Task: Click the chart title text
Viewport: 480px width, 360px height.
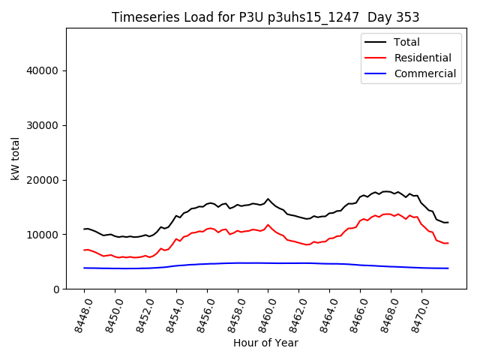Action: tap(265, 17)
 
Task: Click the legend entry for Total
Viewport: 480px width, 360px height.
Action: tap(406, 42)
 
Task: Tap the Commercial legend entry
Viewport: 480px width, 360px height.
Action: tap(424, 73)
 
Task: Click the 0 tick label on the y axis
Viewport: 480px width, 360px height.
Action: tap(57, 289)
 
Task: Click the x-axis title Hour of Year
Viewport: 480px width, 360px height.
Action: tap(265, 343)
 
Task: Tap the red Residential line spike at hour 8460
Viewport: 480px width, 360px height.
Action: tap(268, 224)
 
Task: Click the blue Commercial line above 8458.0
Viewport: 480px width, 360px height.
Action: tap(237, 262)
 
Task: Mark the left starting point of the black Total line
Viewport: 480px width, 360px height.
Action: tap(84, 229)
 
